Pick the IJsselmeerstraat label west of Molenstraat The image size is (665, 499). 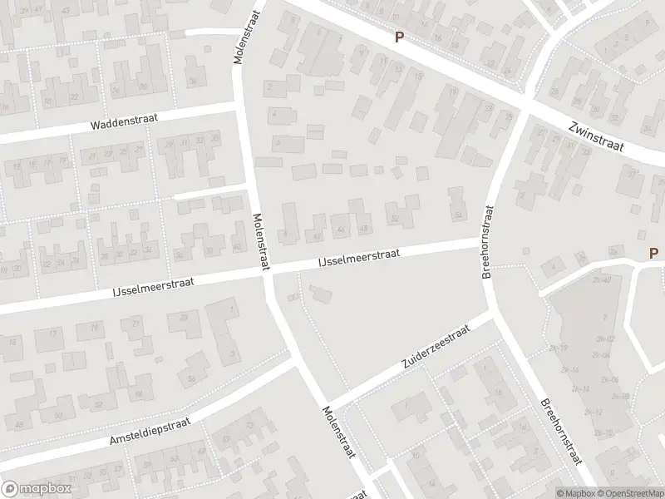click(154, 286)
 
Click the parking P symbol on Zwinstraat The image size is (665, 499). click(399, 37)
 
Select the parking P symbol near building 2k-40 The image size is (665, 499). click(653, 253)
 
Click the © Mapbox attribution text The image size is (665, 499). click(575, 492)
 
